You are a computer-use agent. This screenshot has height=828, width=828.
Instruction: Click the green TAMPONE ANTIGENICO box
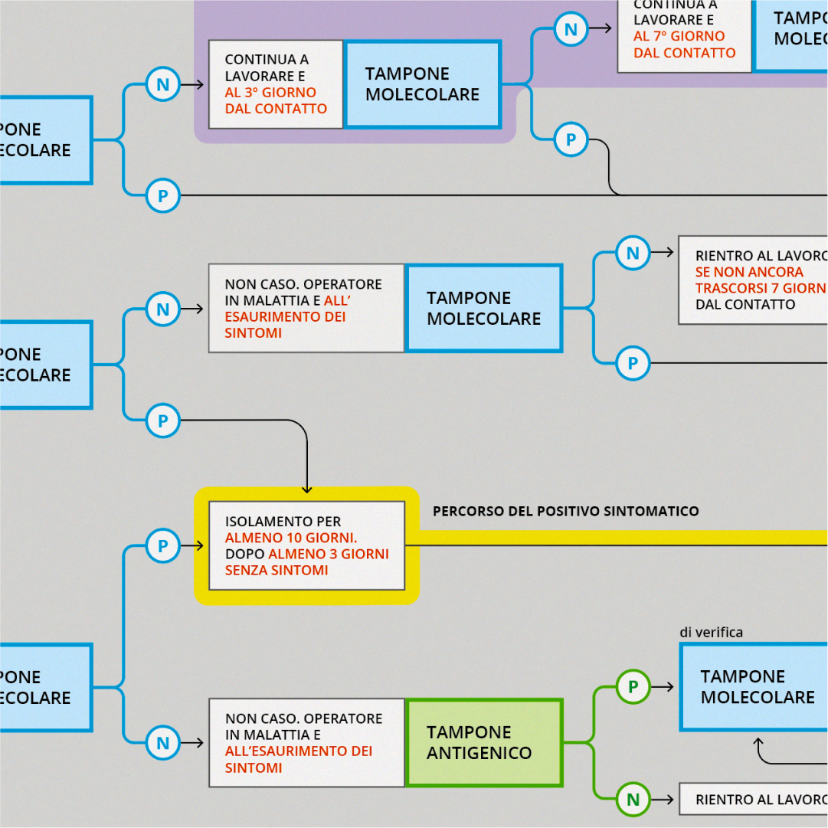(x=484, y=742)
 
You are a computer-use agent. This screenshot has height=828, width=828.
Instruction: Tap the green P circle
(x=633, y=686)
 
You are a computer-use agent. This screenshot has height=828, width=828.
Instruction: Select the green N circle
(x=633, y=800)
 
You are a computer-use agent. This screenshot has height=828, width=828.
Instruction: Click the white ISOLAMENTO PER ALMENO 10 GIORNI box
(x=306, y=545)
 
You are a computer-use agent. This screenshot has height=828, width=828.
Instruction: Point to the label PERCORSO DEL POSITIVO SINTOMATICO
(x=565, y=511)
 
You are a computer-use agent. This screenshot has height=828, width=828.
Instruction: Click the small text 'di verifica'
(x=711, y=632)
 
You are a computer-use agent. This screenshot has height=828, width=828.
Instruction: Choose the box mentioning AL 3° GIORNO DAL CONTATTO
(x=276, y=84)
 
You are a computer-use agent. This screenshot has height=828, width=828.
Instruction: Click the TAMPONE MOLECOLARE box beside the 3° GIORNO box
(x=423, y=84)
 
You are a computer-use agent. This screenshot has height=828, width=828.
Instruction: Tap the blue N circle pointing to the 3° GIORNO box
(x=162, y=84)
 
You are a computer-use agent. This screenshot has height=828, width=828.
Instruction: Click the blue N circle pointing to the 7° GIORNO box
(x=571, y=30)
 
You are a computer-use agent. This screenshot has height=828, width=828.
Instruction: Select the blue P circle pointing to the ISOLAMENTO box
(x=162, y=545)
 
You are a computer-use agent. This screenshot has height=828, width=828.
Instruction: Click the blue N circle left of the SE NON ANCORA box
(x=633, y=253)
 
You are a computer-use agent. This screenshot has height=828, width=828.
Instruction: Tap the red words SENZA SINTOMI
(x=276, y=570)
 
